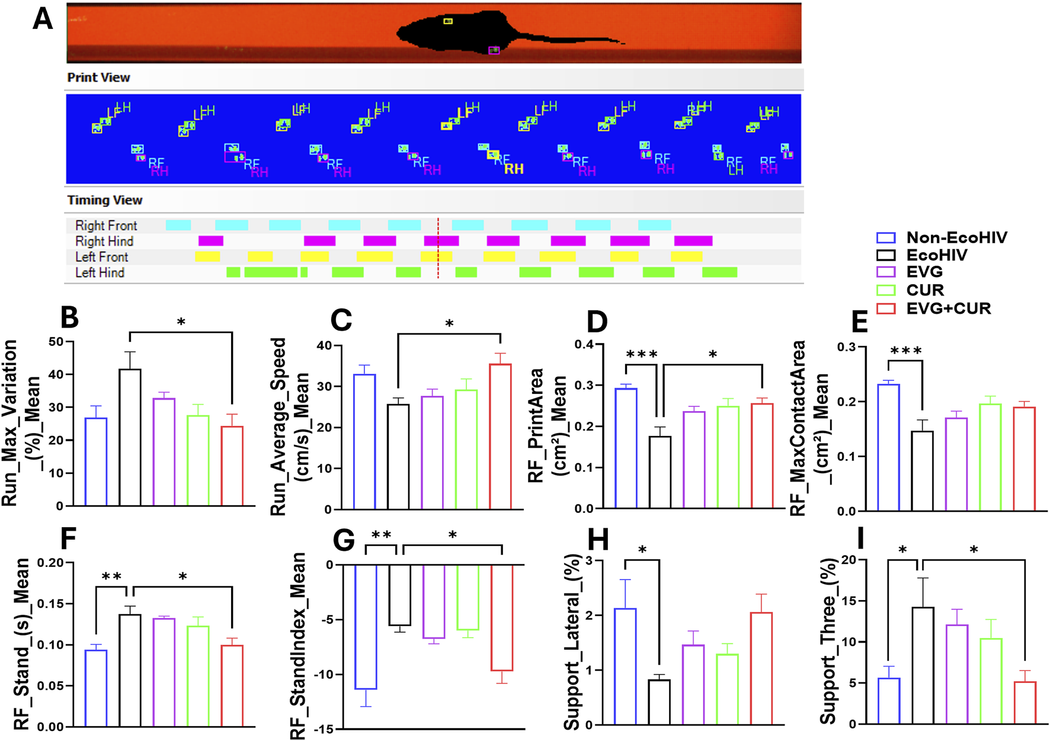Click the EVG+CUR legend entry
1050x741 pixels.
948,309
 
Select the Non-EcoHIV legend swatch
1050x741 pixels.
885,238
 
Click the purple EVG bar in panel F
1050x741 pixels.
164,672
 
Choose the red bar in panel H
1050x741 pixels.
761,669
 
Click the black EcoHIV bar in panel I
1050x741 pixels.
923,666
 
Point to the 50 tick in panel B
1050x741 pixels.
56,342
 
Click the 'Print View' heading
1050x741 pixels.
98,78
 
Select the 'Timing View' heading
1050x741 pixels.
104,200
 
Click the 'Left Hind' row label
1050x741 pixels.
100,273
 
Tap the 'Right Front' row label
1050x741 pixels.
105,226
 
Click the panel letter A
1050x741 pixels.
43,19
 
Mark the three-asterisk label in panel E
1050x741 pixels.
905,351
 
